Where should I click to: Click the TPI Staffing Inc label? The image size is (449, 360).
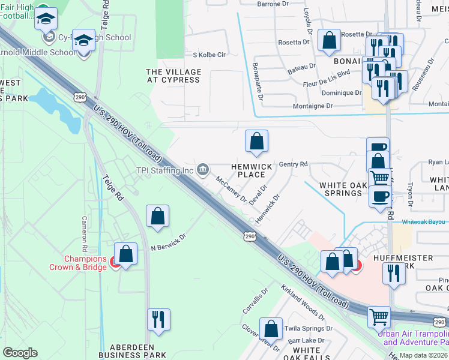click(164, 170)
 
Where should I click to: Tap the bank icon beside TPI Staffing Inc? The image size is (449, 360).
click(203, 170)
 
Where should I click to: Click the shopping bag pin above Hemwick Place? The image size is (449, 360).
click(256, 142)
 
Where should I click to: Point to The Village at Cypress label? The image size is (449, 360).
click(173, 76)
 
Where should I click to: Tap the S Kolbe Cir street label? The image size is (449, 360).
click(208, 55)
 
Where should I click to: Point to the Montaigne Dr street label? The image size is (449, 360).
click(313, 106)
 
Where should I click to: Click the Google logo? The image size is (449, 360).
click(20, 352)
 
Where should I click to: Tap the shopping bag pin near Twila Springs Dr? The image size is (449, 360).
click(271, 329)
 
